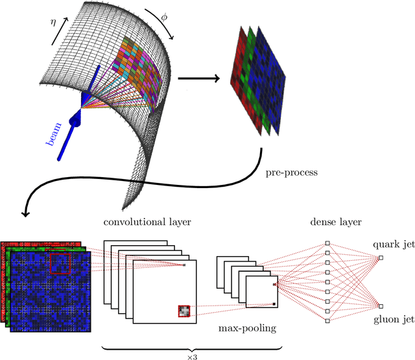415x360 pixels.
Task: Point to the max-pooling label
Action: coord(248,328)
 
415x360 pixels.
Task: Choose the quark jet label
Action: coord(390,245)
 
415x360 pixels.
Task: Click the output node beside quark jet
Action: coord(381,258)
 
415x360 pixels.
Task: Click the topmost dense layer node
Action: coord(327,244)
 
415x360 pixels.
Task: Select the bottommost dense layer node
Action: coord(327,320)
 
